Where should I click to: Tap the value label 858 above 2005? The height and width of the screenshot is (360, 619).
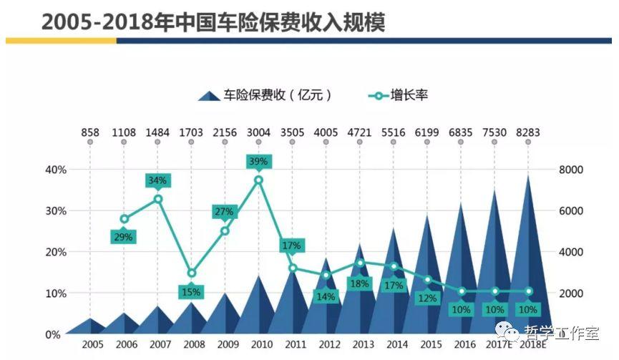tap(90, 132)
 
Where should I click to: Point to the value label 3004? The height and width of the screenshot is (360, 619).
tap(258, 132)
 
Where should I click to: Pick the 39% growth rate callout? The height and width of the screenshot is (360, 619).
tap(258, 162)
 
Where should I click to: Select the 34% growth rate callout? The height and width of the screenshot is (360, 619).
tap(157, 180)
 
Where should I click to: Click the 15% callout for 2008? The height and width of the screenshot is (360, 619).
tap(191, 291)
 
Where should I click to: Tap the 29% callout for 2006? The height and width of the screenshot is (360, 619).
tap(124, 237)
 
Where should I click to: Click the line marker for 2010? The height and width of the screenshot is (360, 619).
tap(258, 180)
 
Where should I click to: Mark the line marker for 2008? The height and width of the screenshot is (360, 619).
tap(191, 273)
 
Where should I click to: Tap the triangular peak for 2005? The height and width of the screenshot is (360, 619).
tap(90, 319)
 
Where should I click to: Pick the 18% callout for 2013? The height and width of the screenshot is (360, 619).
tap(359, 283)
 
